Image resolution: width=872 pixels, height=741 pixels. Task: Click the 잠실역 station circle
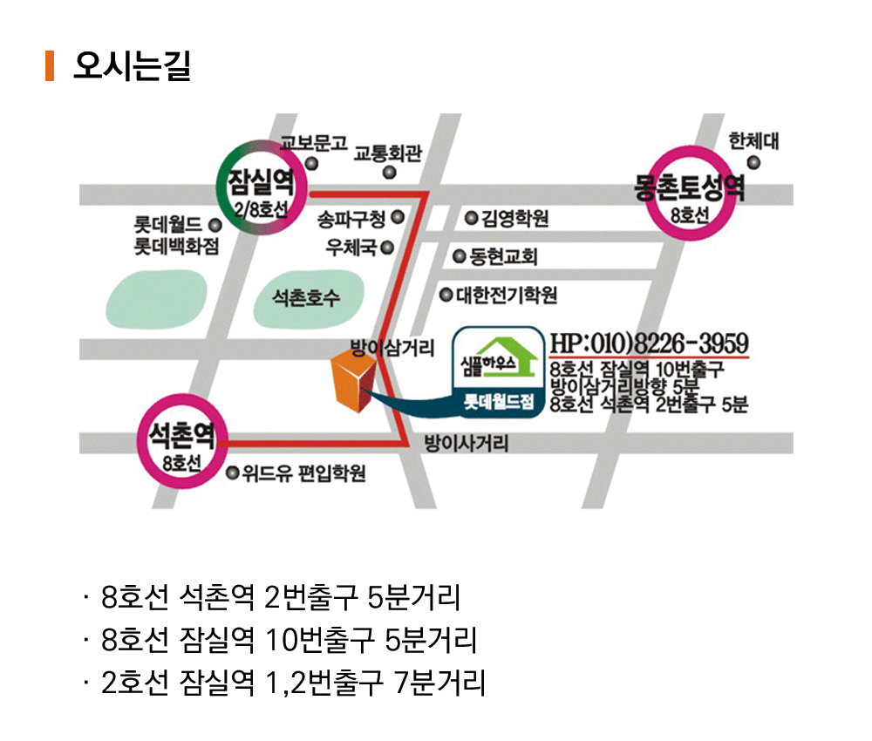coord(262,187)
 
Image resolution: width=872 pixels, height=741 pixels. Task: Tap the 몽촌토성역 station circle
coord(690,193)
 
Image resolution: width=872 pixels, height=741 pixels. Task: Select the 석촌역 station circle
coord(183,441)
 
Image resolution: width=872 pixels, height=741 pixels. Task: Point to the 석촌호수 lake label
coord(305,298)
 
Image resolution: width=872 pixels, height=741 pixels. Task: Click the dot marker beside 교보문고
coord(312,163)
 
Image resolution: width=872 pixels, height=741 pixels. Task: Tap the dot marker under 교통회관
coord(390,173)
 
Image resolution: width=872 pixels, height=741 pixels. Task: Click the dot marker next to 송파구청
coord(398,217)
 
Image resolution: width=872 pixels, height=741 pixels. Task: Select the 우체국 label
coord(351,248)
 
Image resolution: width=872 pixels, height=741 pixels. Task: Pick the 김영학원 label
coord(515,218)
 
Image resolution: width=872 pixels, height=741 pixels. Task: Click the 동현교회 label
coord(503,256)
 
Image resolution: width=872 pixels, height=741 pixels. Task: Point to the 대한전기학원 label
coord(507,295)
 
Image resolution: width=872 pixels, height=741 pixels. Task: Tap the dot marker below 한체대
coord(753,163)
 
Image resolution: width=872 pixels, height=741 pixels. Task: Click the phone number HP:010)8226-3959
coord(649,343)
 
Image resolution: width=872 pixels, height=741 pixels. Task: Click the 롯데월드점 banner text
coord(499,401)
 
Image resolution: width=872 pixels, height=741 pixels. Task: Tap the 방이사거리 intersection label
coord(466,443)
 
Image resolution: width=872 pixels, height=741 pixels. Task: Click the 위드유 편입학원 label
coord(303,473)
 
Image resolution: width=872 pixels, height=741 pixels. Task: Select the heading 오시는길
coord(132,65)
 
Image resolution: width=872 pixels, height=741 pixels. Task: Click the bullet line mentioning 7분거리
coord(284,683)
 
